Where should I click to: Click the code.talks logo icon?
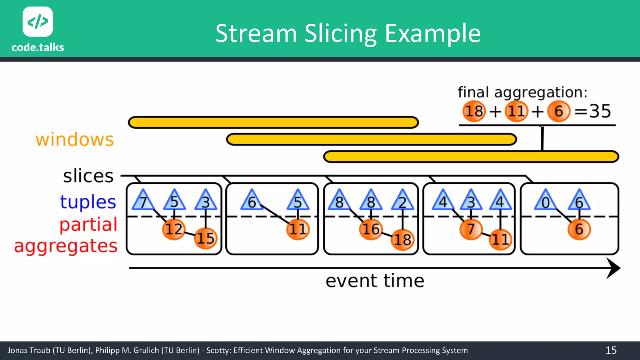coord(38,22)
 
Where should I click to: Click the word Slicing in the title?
coord(341,34)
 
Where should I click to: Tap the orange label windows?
coord(75,139)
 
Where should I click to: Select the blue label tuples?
coord(88,202)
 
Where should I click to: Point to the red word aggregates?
coord(66,246)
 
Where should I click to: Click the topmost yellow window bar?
coord(273,122)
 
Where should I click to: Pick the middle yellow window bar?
coord(371,139)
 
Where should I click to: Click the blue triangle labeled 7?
coord(143,201)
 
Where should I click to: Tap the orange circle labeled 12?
coord(174,229)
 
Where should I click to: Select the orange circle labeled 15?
coord(205,238)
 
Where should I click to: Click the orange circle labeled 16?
coord(371,229)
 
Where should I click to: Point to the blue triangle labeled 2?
coord(402,201)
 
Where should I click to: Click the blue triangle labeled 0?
coord(545,201)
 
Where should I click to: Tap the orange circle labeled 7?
coord(471,229)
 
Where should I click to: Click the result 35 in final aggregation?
coord(600,111)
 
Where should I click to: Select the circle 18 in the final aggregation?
coord(474,111)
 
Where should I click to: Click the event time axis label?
coord(375,281)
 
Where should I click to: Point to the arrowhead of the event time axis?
coord(613,268)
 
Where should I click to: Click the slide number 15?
coord(611,350)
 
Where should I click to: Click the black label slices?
coord(88,176)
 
